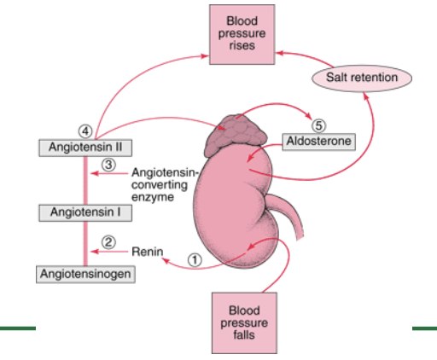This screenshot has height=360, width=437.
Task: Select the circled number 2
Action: pyautogui.click(x=108, y=241)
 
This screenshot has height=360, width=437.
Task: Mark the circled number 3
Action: pyautogui.click(x=108, y=164)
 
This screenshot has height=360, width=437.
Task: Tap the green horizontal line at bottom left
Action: pyautogui.click(x=18, y=328)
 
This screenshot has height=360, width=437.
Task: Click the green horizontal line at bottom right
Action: pyautogui.click(x=424, y=328)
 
